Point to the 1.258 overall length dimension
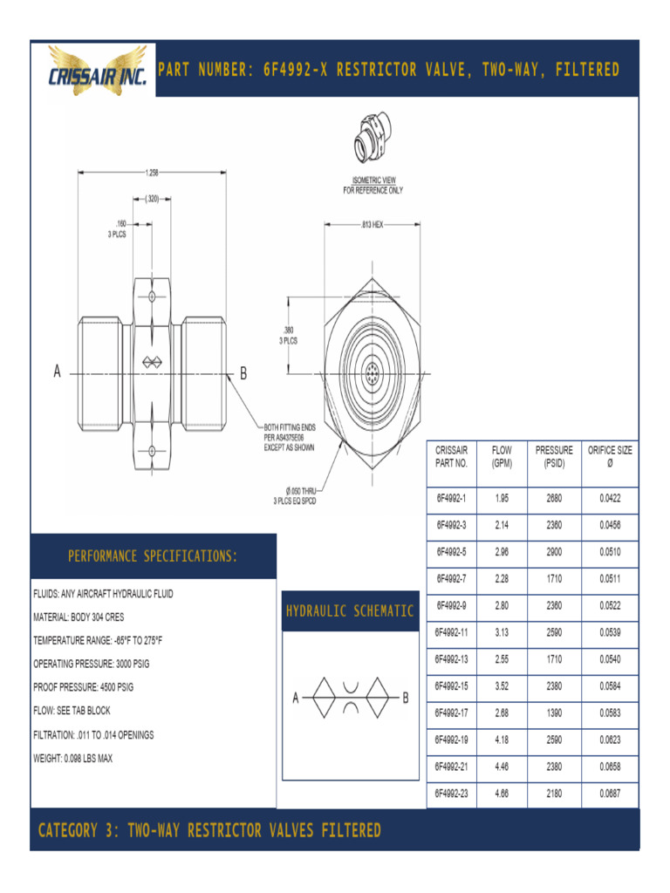[154, 172]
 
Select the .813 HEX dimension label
[372, 224]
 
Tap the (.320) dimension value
[153, 199]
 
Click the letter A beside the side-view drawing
[58, 373]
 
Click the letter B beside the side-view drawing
[243, 374]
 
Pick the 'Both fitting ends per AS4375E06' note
[290, 437]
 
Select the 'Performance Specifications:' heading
[153, 556]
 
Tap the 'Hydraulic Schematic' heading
[350, 610]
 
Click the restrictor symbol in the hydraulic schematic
[350, 698]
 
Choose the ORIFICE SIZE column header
[610, 456]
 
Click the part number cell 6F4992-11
[452, 631]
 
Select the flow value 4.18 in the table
[502, 740]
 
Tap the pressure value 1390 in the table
[554, 712]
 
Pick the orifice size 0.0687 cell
[610, 794]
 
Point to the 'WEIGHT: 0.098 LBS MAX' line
[73, 759]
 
